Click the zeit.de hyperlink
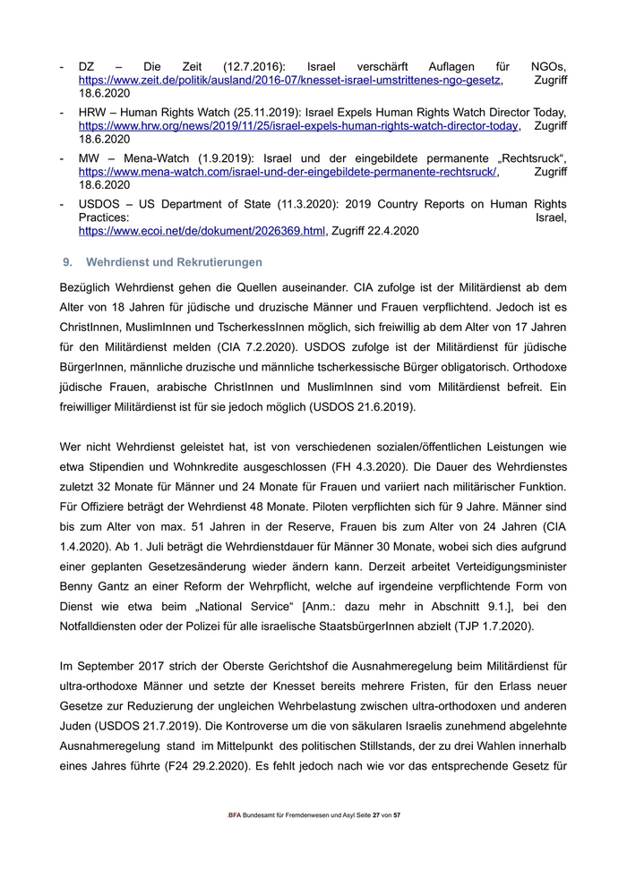click(289, 81)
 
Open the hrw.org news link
click(298, 127)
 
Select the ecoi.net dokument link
click(202, 231)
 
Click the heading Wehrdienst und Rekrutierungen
click(174, 262)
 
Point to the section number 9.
click(65, 262)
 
